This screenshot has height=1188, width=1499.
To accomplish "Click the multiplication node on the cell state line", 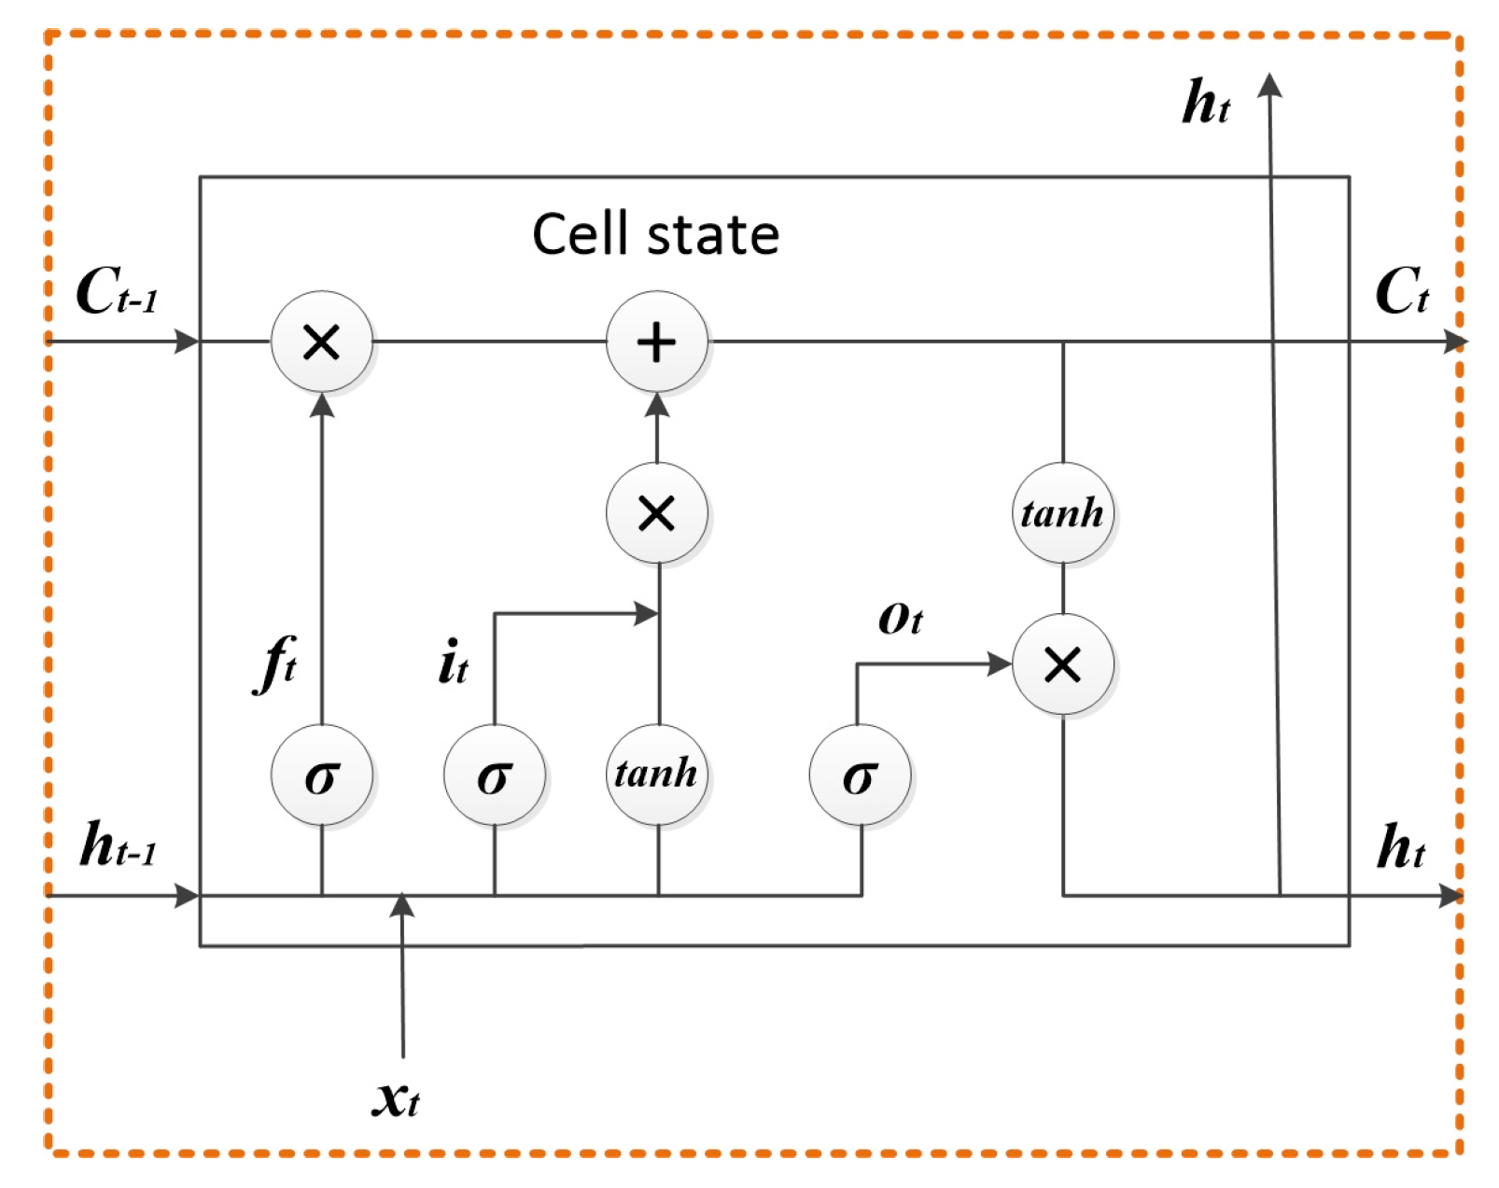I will click(x=321, y=342).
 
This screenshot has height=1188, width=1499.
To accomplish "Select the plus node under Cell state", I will click(x=656, y=342).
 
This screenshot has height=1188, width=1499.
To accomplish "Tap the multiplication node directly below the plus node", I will click(x=656, y=512).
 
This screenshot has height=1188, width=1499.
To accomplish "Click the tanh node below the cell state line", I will click(x=1062, y=512).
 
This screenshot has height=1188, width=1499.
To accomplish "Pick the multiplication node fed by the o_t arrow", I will click(x=1062, y=664).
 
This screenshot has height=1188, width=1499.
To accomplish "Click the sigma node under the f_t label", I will click(x=321, y=775).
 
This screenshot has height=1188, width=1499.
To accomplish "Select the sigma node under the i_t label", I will click(x=494, y=775).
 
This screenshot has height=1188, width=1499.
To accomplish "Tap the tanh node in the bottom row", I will click(x=656, y=774).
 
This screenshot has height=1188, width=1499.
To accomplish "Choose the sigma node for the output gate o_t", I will click(x=860, y=775).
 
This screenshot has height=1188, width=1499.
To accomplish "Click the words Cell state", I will click(x=655, y=234).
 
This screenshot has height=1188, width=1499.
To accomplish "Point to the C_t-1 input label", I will click(x=116, y=291).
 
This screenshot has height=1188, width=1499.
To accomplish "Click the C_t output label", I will click(x=1401, y=291).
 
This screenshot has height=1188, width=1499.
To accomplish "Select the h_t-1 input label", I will click(x=118, y=846).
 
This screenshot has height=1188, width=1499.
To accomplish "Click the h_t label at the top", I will click(x=1205, y=103).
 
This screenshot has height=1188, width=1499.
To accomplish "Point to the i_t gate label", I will click(x=453, y=663).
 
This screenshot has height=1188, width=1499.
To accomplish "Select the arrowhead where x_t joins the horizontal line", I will click(x=402, y=903).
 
